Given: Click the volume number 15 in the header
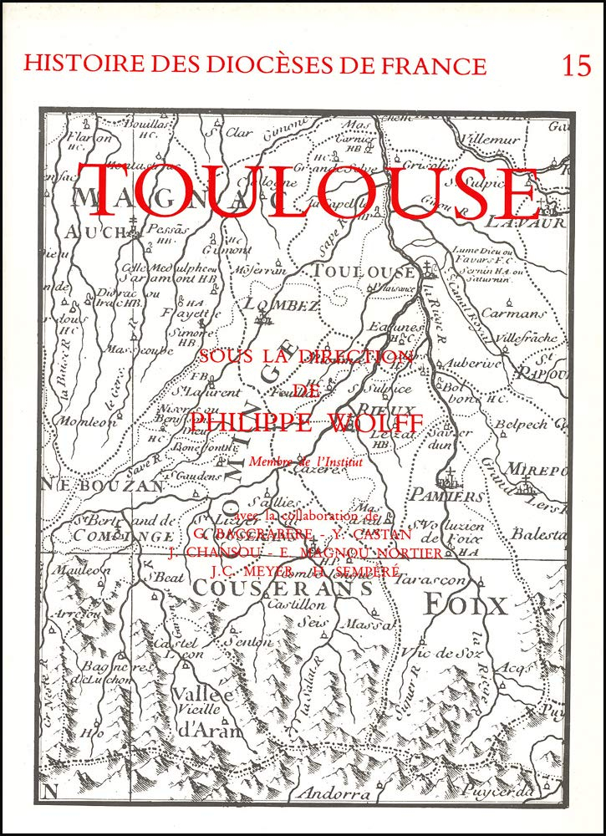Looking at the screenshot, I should (576, 65).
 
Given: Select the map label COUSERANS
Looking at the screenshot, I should (283, 589).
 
